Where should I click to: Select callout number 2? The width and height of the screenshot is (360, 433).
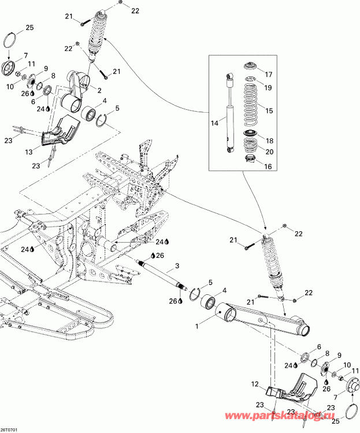click(99, 90)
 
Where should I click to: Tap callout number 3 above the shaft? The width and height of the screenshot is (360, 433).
click(177, 267)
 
